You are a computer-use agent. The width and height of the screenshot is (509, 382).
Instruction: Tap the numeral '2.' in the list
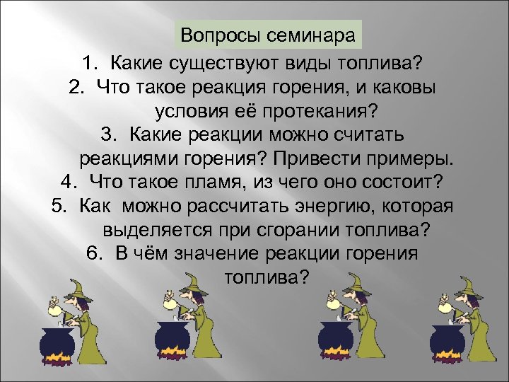[78, 88]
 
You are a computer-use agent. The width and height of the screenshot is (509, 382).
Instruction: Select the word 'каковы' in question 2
[410, 88]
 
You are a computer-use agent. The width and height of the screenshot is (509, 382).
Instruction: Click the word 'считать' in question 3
[373, 134]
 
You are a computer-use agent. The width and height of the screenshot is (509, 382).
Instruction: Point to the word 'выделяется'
[153, 229]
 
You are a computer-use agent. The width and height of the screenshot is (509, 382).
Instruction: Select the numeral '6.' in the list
[93, 253]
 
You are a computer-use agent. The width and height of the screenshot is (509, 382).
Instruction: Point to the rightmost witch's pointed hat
[467, 283]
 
